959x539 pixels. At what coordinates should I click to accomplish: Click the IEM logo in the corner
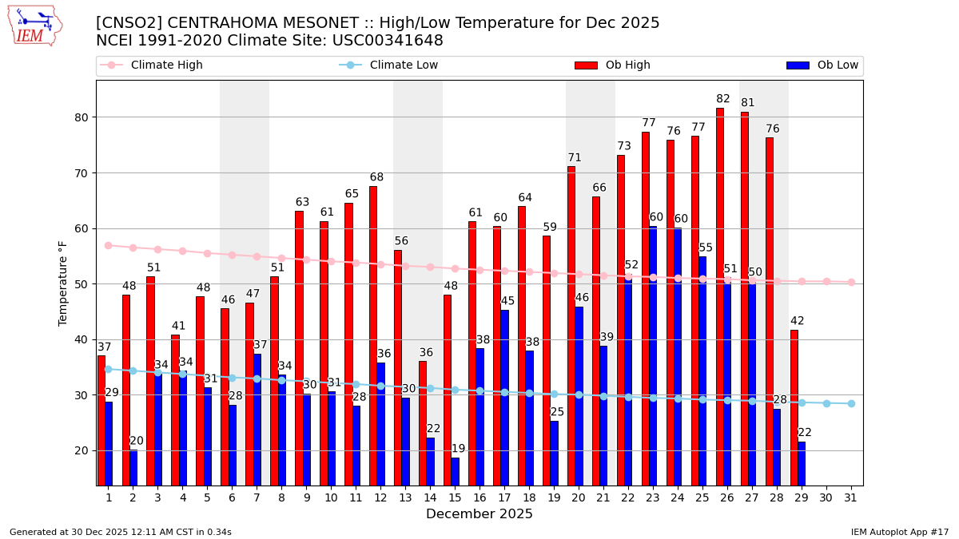(x=34, y=26)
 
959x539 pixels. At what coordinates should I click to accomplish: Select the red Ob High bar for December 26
(x=720, y=295)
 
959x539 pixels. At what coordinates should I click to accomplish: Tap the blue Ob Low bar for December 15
(x=456, y=471)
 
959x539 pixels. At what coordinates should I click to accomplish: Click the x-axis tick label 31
(x=851, y=497)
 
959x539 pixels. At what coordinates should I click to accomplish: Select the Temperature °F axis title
(x=64, y=283)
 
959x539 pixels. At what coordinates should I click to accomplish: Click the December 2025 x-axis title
(x=479, y=514)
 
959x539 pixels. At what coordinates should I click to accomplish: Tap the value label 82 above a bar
(x=723, y=99)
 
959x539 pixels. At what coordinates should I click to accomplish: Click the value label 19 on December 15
(x=458, y=449)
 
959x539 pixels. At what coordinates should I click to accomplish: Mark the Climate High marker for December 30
(x=826, y=281)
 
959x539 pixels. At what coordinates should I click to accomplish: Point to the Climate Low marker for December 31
(x=851, y=403)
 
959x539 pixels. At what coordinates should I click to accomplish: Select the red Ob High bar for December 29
(x=794, y=407)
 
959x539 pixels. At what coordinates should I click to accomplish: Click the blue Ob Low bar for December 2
(x=133, y=468)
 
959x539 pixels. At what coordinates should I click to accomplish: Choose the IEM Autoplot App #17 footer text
(x=900, y=532)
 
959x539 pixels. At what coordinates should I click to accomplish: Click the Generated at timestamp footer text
(x=121, y=532)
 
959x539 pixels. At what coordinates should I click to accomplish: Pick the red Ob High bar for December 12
(x=373, y=335)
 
